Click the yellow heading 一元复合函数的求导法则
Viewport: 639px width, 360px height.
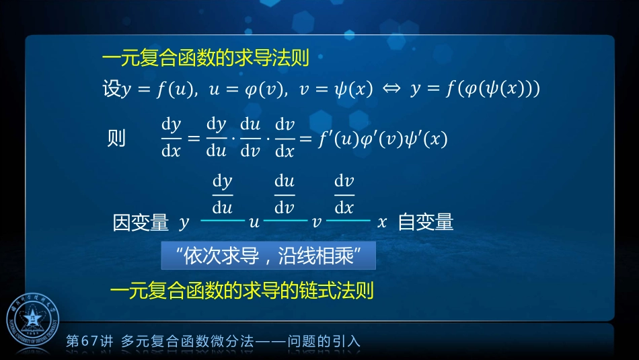click(x=205, y=59)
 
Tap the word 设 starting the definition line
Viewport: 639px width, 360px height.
click(x=112, y=89)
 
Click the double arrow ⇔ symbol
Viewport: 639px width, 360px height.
click(x=391, y=90)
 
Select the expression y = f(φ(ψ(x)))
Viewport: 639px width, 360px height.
click(x=475, y=90)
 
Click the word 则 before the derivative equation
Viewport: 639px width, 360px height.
click(x=116, y=139)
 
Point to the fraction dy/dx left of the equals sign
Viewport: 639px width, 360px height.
click(x=172, y=138)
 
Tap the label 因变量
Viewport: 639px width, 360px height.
click(x=140, y=223)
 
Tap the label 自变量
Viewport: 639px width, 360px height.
click(x=425, y=222)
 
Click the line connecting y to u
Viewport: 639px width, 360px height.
click(x=222, y=221)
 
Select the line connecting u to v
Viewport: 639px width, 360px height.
click(x=285, y=221)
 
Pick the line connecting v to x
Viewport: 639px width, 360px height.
click(x=348, y=221)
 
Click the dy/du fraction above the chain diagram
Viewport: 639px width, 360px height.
click(x=222, y=193)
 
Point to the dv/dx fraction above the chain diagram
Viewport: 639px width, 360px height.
click(x=344, y=193)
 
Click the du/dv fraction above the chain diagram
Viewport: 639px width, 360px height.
click(x=284, y=193)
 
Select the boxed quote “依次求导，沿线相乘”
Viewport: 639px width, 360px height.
click(x=268, y=256)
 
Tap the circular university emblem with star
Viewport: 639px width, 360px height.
click(x=33, y=321)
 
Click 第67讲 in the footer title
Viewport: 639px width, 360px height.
click(x=89, y=341)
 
